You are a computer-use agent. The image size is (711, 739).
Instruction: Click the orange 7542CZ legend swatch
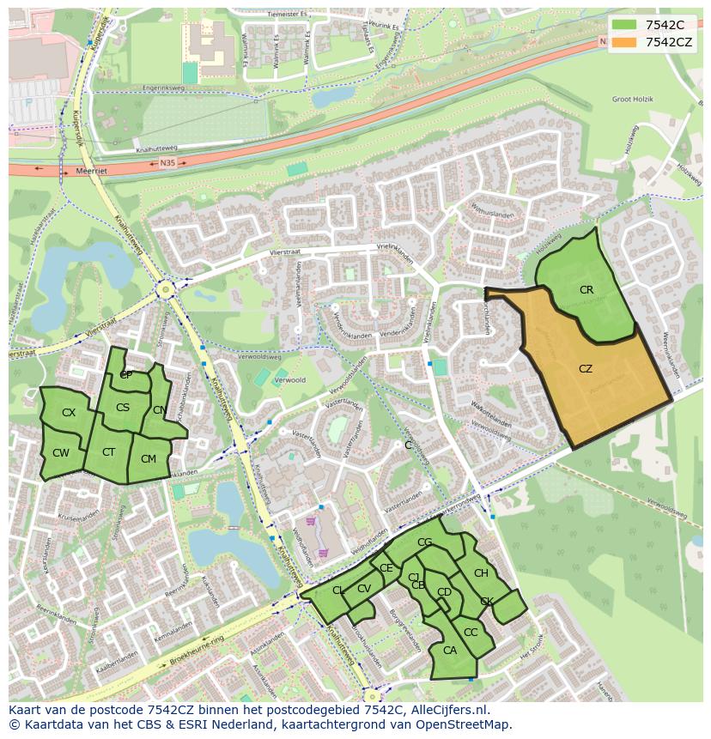623,42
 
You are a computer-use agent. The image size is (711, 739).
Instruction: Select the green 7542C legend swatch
623,24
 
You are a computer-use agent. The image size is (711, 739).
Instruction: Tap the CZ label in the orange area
586,369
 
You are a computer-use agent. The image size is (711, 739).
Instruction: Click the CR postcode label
586,290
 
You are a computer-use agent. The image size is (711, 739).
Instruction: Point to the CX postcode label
69,413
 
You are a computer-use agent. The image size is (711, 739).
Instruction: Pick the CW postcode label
60,453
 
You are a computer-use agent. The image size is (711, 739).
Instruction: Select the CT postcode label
109,452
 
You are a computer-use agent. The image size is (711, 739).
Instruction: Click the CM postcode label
149,459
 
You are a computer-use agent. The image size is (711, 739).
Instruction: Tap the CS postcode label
123,408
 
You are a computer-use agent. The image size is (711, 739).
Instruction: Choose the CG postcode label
424,542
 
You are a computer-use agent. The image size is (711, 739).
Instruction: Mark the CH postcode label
481,573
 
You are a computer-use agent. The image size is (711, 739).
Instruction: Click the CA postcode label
450,651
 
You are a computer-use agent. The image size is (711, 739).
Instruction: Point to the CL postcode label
338,591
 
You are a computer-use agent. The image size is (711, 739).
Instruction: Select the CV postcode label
364,589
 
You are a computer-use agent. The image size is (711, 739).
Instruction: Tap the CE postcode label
386,568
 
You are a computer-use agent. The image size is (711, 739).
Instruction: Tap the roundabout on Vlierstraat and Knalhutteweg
165,290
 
